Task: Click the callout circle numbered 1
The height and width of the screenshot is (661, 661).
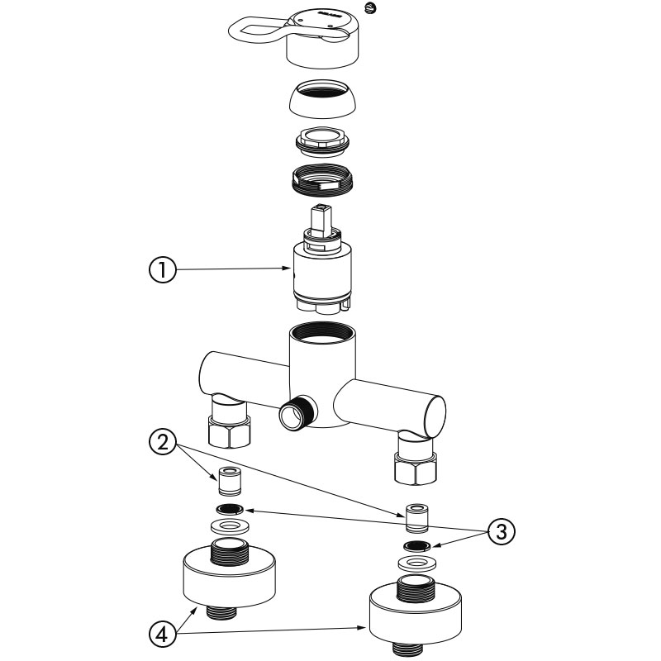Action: point(162,270)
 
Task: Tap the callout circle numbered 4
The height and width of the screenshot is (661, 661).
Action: point(163,634)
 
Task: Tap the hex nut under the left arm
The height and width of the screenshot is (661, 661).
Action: point(228,430)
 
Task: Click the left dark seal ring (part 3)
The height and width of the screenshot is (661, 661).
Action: point(228,508)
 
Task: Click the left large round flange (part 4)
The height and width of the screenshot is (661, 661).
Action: point(229,578)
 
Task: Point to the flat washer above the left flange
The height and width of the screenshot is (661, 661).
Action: point(228,525)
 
